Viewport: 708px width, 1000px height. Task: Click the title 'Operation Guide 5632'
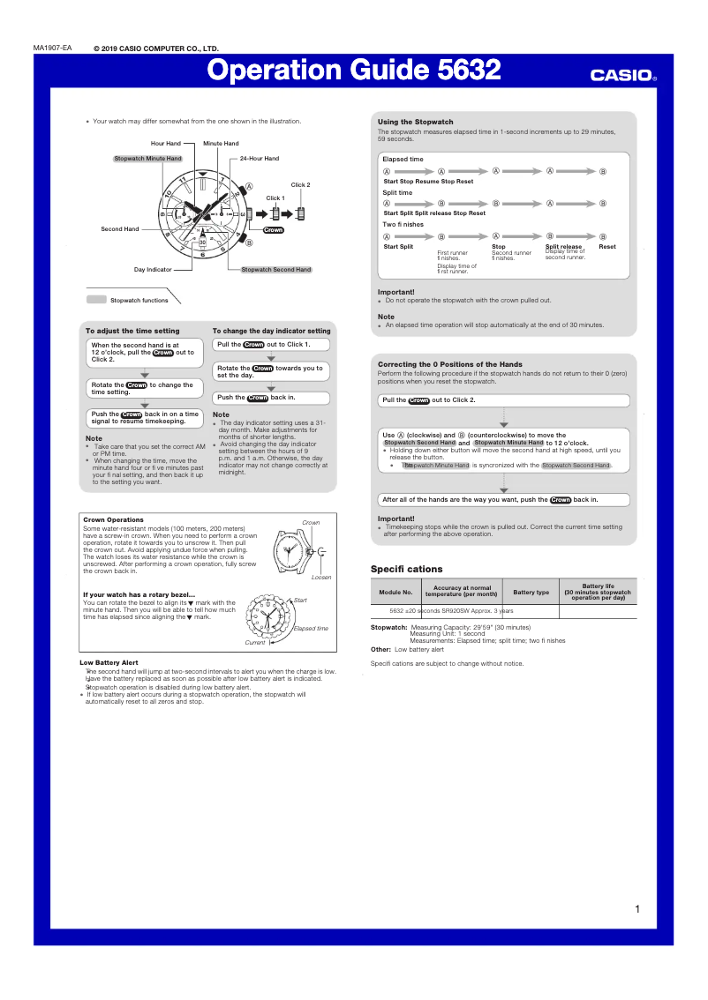[x=354, y=71]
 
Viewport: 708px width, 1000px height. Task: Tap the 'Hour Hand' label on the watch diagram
[x=165, y=143]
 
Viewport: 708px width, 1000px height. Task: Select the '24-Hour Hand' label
[x=260, y=159]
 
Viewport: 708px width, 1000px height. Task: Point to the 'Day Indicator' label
[x=153, y=269]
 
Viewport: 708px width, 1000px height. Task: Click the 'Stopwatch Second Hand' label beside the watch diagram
[x=276, y=269]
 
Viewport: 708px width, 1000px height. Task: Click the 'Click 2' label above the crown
[x=301, y=185]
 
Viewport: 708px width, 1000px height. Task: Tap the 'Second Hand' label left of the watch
[x=119, y=229]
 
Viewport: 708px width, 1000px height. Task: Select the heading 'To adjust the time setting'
[x=132, y=331]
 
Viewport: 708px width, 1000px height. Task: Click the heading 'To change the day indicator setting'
[x=271, y=331]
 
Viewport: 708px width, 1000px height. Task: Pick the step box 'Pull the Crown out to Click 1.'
[x=272, y=345]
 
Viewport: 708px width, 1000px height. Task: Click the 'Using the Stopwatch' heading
[x=415, y=122]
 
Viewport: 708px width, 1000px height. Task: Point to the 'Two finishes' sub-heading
[x=403, y=224]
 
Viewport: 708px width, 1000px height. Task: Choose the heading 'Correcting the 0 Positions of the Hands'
[x=449, y=364]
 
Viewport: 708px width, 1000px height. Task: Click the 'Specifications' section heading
[x=406, y=570]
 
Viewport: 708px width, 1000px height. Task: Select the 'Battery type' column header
[x=531, y=593]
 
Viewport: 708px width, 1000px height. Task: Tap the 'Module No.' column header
[x=395, y=593]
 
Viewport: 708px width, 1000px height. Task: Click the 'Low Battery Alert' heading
[x=109, y=662]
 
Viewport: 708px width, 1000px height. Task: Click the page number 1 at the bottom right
[x=636, y=909]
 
